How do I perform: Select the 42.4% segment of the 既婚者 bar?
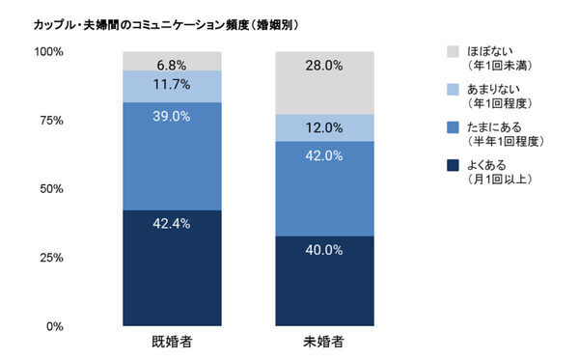(x=170, y=267)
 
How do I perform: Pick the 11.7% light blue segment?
(x=170, y=86)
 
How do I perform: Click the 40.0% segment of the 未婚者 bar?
(x=325, y=281)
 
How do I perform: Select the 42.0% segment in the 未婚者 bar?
(x=325, y=189)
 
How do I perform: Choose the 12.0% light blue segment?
(x=325, y=127)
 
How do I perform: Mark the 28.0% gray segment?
(x=325, y=83)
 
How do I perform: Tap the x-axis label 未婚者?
(x=325, y=342)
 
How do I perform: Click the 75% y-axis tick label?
(x=51, y=121)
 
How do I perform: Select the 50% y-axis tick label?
(x=51, y=189)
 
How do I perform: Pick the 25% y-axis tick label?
(x=51, y=258)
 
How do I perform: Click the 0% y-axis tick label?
(x=55, y=326)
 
